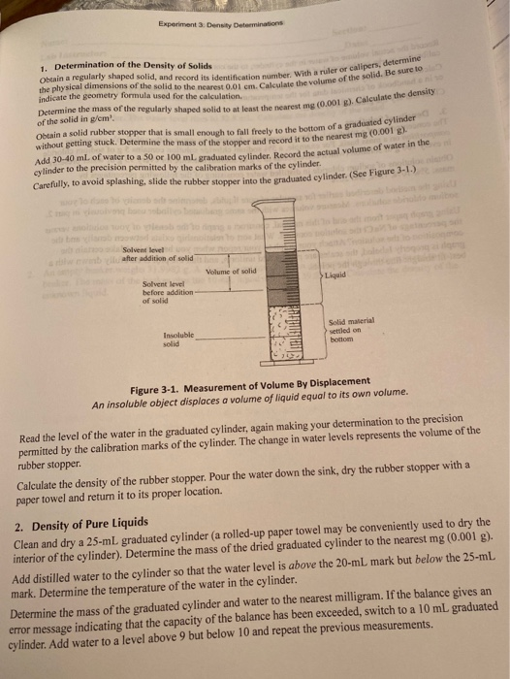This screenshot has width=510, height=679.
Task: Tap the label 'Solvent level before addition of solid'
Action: pos(160,289)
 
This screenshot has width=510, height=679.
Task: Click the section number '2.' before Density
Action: pos(25,525)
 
